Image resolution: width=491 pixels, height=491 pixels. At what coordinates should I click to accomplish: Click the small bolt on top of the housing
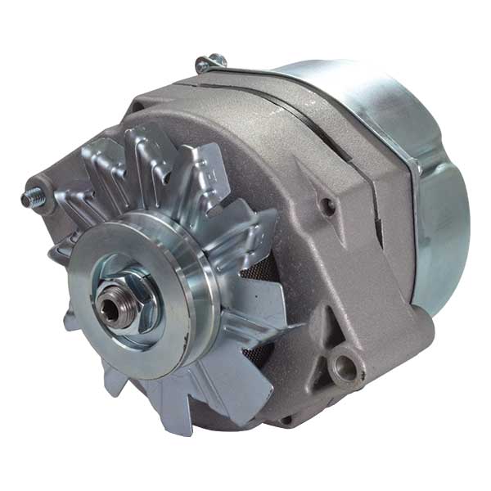(x=210, y=62)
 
